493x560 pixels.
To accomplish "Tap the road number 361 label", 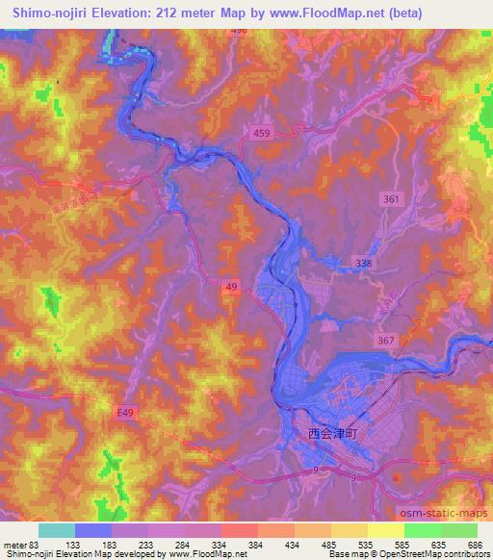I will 390,198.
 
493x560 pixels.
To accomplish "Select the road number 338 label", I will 362,262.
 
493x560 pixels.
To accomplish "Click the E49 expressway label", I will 114,411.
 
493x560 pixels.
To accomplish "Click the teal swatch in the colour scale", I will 57,530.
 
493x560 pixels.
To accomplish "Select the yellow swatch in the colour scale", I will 385,530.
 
